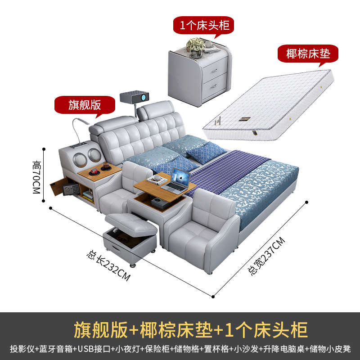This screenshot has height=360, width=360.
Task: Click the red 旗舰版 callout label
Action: coord(84,105)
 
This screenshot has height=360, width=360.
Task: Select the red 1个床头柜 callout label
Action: coord(204,25)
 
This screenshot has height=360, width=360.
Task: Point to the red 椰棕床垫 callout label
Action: coord(308,54)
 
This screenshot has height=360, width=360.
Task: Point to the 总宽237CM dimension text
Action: coord(267,256)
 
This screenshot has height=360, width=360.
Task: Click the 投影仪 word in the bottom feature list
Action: coord(21,349)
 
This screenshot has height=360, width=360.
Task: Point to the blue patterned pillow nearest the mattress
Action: coord(206,152)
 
